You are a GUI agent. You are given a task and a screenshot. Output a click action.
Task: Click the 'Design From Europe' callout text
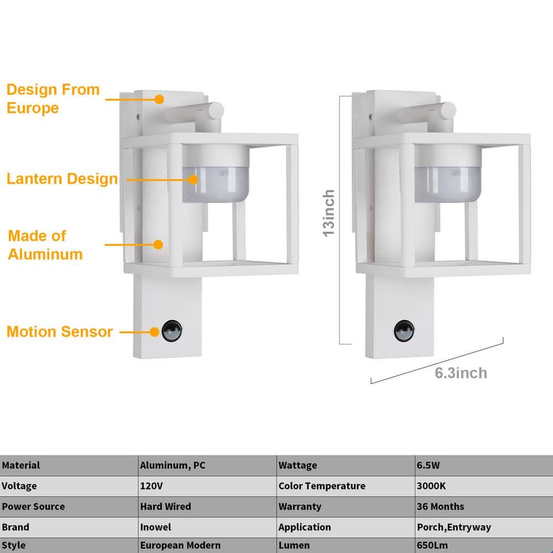[53, 98]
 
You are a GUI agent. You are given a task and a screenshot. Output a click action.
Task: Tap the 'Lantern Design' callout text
[62, 179]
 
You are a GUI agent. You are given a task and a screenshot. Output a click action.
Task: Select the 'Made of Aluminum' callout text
[45, 245]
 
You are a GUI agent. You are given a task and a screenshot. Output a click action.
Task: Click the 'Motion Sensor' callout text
[60, 332]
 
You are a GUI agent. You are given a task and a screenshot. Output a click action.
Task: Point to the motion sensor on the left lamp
[171, 331]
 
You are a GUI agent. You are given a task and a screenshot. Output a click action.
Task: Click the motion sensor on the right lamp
[404, 331]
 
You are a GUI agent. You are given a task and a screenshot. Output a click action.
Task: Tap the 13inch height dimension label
[329, 213]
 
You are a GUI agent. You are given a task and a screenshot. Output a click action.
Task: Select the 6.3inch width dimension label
[461, 373]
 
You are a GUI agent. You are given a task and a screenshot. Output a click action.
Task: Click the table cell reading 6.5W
[429, 465]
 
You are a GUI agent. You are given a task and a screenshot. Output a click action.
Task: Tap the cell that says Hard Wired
[165, 506]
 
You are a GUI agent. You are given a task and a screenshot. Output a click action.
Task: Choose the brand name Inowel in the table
[155, 527]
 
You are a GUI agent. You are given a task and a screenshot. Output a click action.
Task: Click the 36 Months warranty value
[440, 506]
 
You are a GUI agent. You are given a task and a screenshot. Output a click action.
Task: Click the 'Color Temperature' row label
[322, 486]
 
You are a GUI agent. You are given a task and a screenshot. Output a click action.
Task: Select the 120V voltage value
[151, 486]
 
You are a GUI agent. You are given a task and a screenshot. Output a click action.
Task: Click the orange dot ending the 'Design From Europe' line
[159, 99]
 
